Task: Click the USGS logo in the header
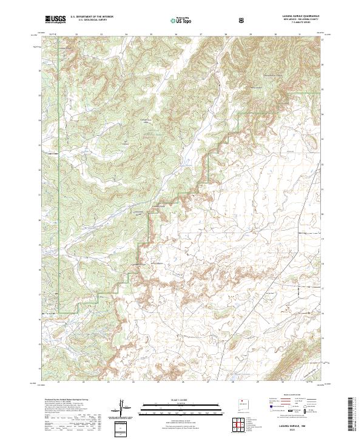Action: point(55,19)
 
